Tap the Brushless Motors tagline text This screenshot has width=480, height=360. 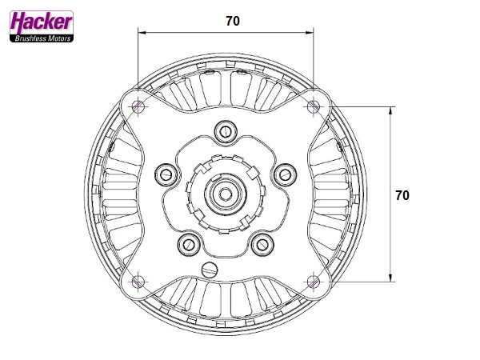[42, 38]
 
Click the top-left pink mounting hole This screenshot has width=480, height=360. [138, 106]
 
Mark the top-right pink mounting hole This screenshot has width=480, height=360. [314, 106]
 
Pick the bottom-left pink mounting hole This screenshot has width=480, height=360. [138, 281]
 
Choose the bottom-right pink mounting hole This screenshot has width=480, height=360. [314, 281]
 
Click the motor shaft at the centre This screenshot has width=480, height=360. [226, 193]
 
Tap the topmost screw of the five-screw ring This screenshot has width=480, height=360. [226, 130]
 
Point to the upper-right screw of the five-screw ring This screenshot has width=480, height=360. [285, 173]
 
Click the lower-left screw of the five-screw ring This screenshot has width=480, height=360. [190, 243]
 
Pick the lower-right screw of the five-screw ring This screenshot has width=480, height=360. [262, 243]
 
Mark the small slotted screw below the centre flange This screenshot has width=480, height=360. [210, 268]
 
